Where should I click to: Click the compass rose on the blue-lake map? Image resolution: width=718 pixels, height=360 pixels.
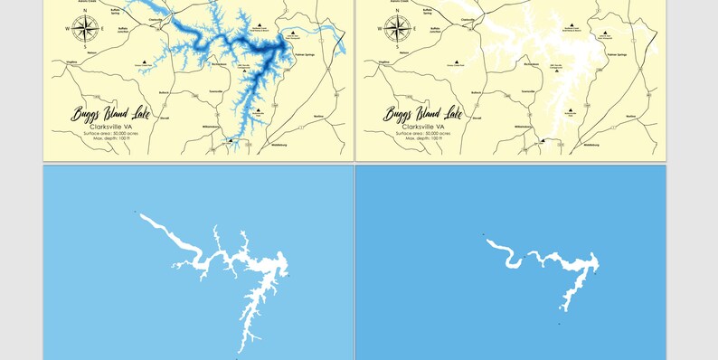point(84,30)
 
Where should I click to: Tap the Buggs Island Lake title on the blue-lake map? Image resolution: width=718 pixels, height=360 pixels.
point(111,114)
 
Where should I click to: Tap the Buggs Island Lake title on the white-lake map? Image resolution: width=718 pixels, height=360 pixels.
point(423,114)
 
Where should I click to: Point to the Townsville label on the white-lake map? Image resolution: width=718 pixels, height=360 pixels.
point(527,91)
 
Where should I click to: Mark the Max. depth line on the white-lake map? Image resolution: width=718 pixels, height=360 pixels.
point(423,138)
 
